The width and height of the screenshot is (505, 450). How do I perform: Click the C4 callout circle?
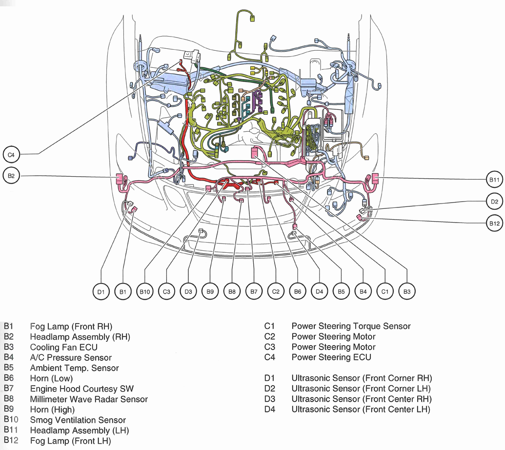[x=11, y=155]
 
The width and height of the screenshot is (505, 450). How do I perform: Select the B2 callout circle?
[x=11, y=176]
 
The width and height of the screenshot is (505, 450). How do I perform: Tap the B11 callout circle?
[x=494, y=180]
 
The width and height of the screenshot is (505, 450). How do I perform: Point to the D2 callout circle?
[x=494, y=201]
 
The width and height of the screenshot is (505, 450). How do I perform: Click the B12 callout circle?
[x=494, y=224]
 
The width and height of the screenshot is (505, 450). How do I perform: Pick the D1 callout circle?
[x=101, y=292]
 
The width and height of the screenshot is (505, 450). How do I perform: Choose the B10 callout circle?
[x=145, y=292]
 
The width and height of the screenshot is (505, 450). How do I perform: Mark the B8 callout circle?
[x=232, y=292]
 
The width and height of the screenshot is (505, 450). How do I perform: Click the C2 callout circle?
[x=276, y=292]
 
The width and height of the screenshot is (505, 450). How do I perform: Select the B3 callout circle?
[x=406, y=292]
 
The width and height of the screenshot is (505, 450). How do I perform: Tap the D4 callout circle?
[x=319, y=292]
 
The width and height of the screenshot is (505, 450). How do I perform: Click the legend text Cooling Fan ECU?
[x=63, y=347]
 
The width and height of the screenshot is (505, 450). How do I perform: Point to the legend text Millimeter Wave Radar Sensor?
[x=88, y=399]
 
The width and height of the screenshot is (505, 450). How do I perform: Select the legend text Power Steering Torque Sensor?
[x=351, y=326]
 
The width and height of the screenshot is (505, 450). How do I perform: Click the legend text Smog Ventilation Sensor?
[x=78, y=420]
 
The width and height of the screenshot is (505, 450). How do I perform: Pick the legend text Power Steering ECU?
[x=331, y=357]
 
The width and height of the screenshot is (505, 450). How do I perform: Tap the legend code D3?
[x=270, y=399]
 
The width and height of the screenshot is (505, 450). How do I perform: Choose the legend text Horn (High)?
[x=52, y=409]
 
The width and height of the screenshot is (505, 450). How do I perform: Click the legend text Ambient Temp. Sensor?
[x=74, y=368]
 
